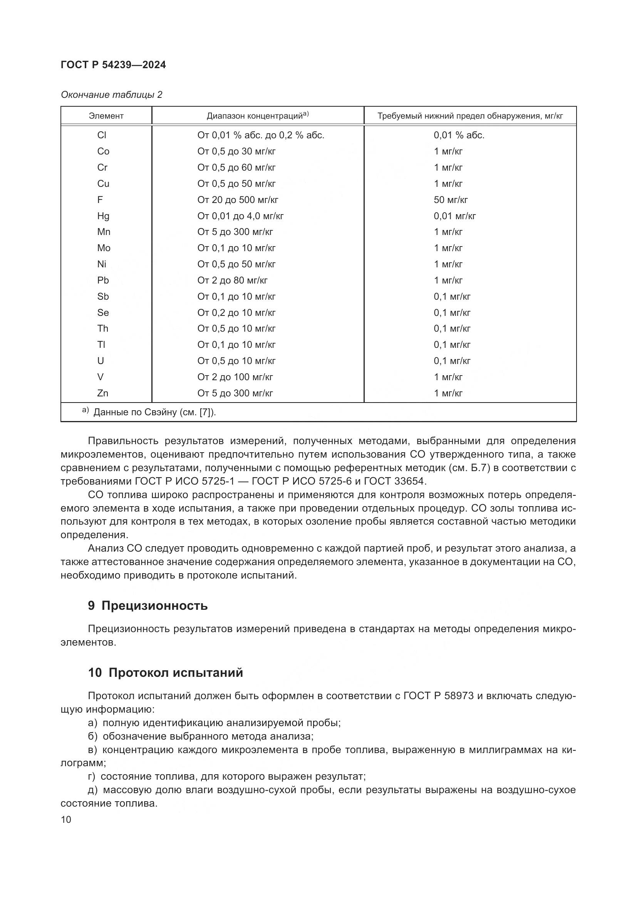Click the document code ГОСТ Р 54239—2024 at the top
tap(113, 65)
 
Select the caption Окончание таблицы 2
tap(111, 95)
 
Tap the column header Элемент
tap(106, 116)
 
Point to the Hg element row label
tap(103, 216)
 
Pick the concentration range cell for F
tap(238, 200)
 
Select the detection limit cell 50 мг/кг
tap(451, 200)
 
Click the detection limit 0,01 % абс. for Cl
tap(459, 135)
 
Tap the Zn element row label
tap(102, 393)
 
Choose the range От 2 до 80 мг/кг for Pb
tap(232, 280)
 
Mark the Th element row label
tap(102, 329)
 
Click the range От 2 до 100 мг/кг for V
tap(235, 377)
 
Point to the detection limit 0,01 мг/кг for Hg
tap(454, 216)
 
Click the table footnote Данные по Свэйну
tap(154, 413)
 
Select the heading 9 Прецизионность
tap(148, 606)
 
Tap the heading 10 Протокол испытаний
tap(165, 673)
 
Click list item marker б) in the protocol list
tap(93, 737)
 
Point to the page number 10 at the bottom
tap(66, 820)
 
